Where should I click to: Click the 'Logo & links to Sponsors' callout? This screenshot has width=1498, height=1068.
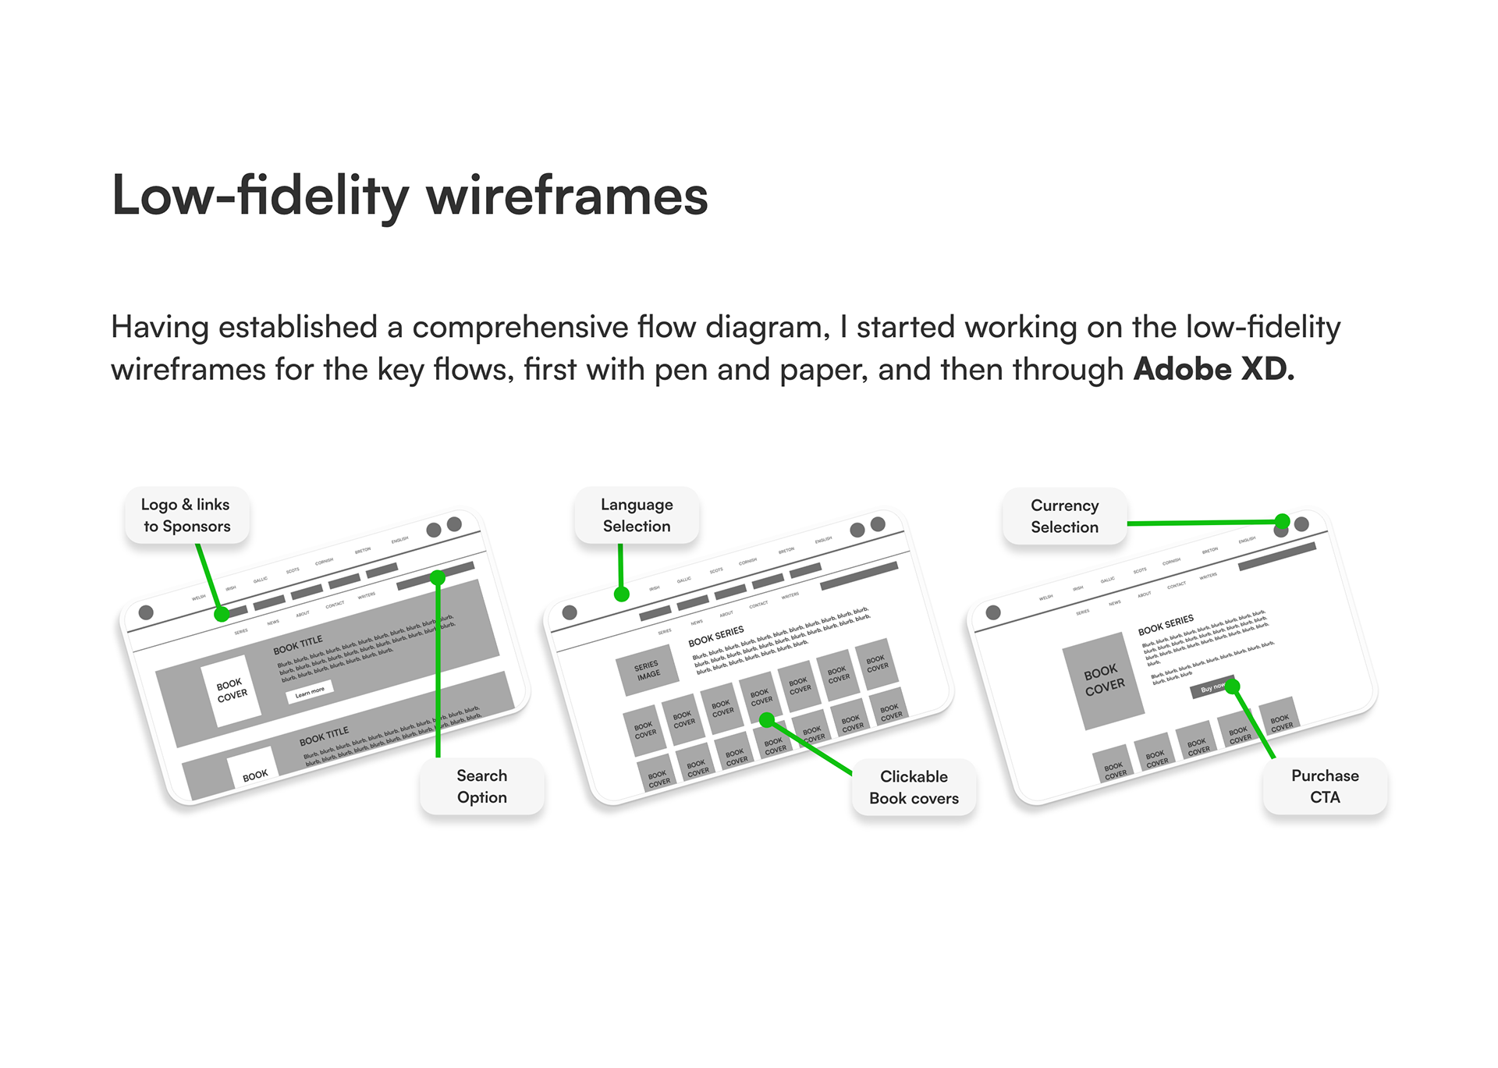pos(186,516)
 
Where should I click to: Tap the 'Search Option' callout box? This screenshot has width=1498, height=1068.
pos(481,786)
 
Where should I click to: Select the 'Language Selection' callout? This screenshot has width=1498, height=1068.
pos(637,516)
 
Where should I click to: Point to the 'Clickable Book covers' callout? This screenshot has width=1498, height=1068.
pos(914,787)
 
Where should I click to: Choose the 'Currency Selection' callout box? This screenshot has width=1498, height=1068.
pos(1064,516)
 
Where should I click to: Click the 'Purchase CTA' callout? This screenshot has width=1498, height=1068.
pos(1325,786)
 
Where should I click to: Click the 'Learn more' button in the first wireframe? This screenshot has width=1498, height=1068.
pos(310,691)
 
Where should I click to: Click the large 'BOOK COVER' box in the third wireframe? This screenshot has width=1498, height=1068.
pos(1104,680)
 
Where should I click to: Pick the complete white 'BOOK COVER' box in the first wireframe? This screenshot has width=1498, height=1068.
pos(232,690)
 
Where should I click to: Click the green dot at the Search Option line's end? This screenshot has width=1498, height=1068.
pos(438,578)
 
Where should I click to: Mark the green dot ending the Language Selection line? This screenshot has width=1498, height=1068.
pos(622,594)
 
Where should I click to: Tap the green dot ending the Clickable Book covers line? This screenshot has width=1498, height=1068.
pos(767,720)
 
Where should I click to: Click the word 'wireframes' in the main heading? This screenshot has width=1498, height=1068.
pos(566,197)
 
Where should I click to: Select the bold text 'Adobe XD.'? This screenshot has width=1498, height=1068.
pos(1213,370)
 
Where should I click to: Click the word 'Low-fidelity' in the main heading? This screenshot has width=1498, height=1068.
pos(260,197)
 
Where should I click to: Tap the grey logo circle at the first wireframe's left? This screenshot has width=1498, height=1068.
pos(146,612)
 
